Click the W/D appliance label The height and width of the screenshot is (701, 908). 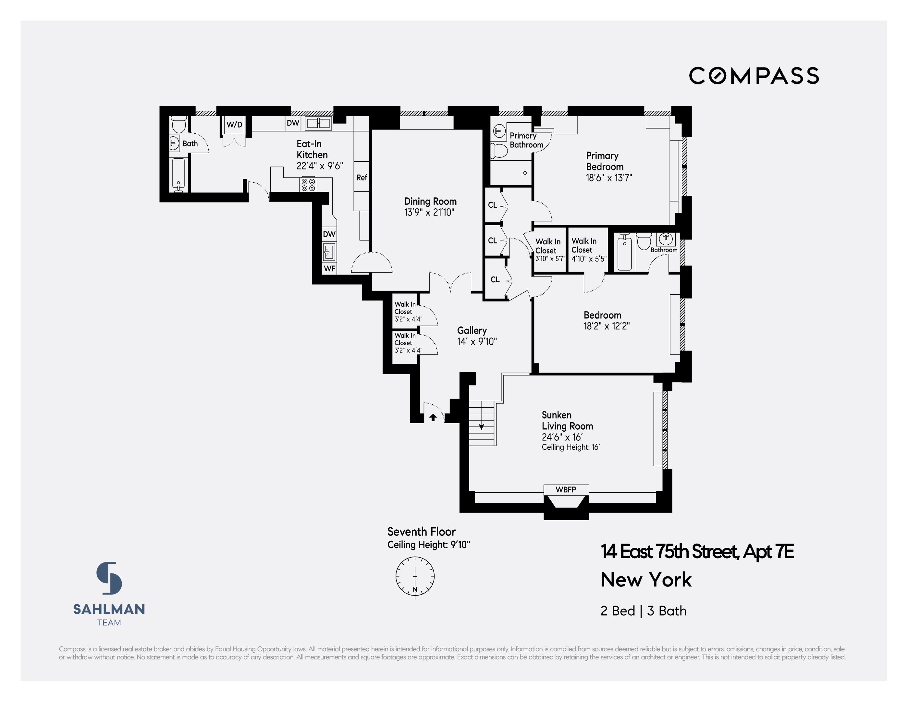[x=234, y=124]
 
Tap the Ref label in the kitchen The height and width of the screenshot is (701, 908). [x=361, y=178]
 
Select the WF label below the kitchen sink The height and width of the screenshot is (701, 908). [x=329, y=269]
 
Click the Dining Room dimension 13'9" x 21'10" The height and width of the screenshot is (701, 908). [x=429, y=213]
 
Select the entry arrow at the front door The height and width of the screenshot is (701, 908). [x=433, y=417]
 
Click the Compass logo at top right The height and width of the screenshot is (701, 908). [x=754, y=76]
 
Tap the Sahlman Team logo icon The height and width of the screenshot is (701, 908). [x=109, y=578]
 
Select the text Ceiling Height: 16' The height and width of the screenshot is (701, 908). [x=571, y=448]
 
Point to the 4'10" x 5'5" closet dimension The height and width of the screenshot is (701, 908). [x=589, y=259]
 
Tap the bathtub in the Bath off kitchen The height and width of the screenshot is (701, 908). [x=178, y=174]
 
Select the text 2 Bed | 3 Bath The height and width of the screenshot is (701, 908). [x=643, y=611]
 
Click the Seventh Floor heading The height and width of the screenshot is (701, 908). [x=421, y=532]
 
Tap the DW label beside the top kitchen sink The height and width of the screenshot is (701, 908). [x=293, y=123]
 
